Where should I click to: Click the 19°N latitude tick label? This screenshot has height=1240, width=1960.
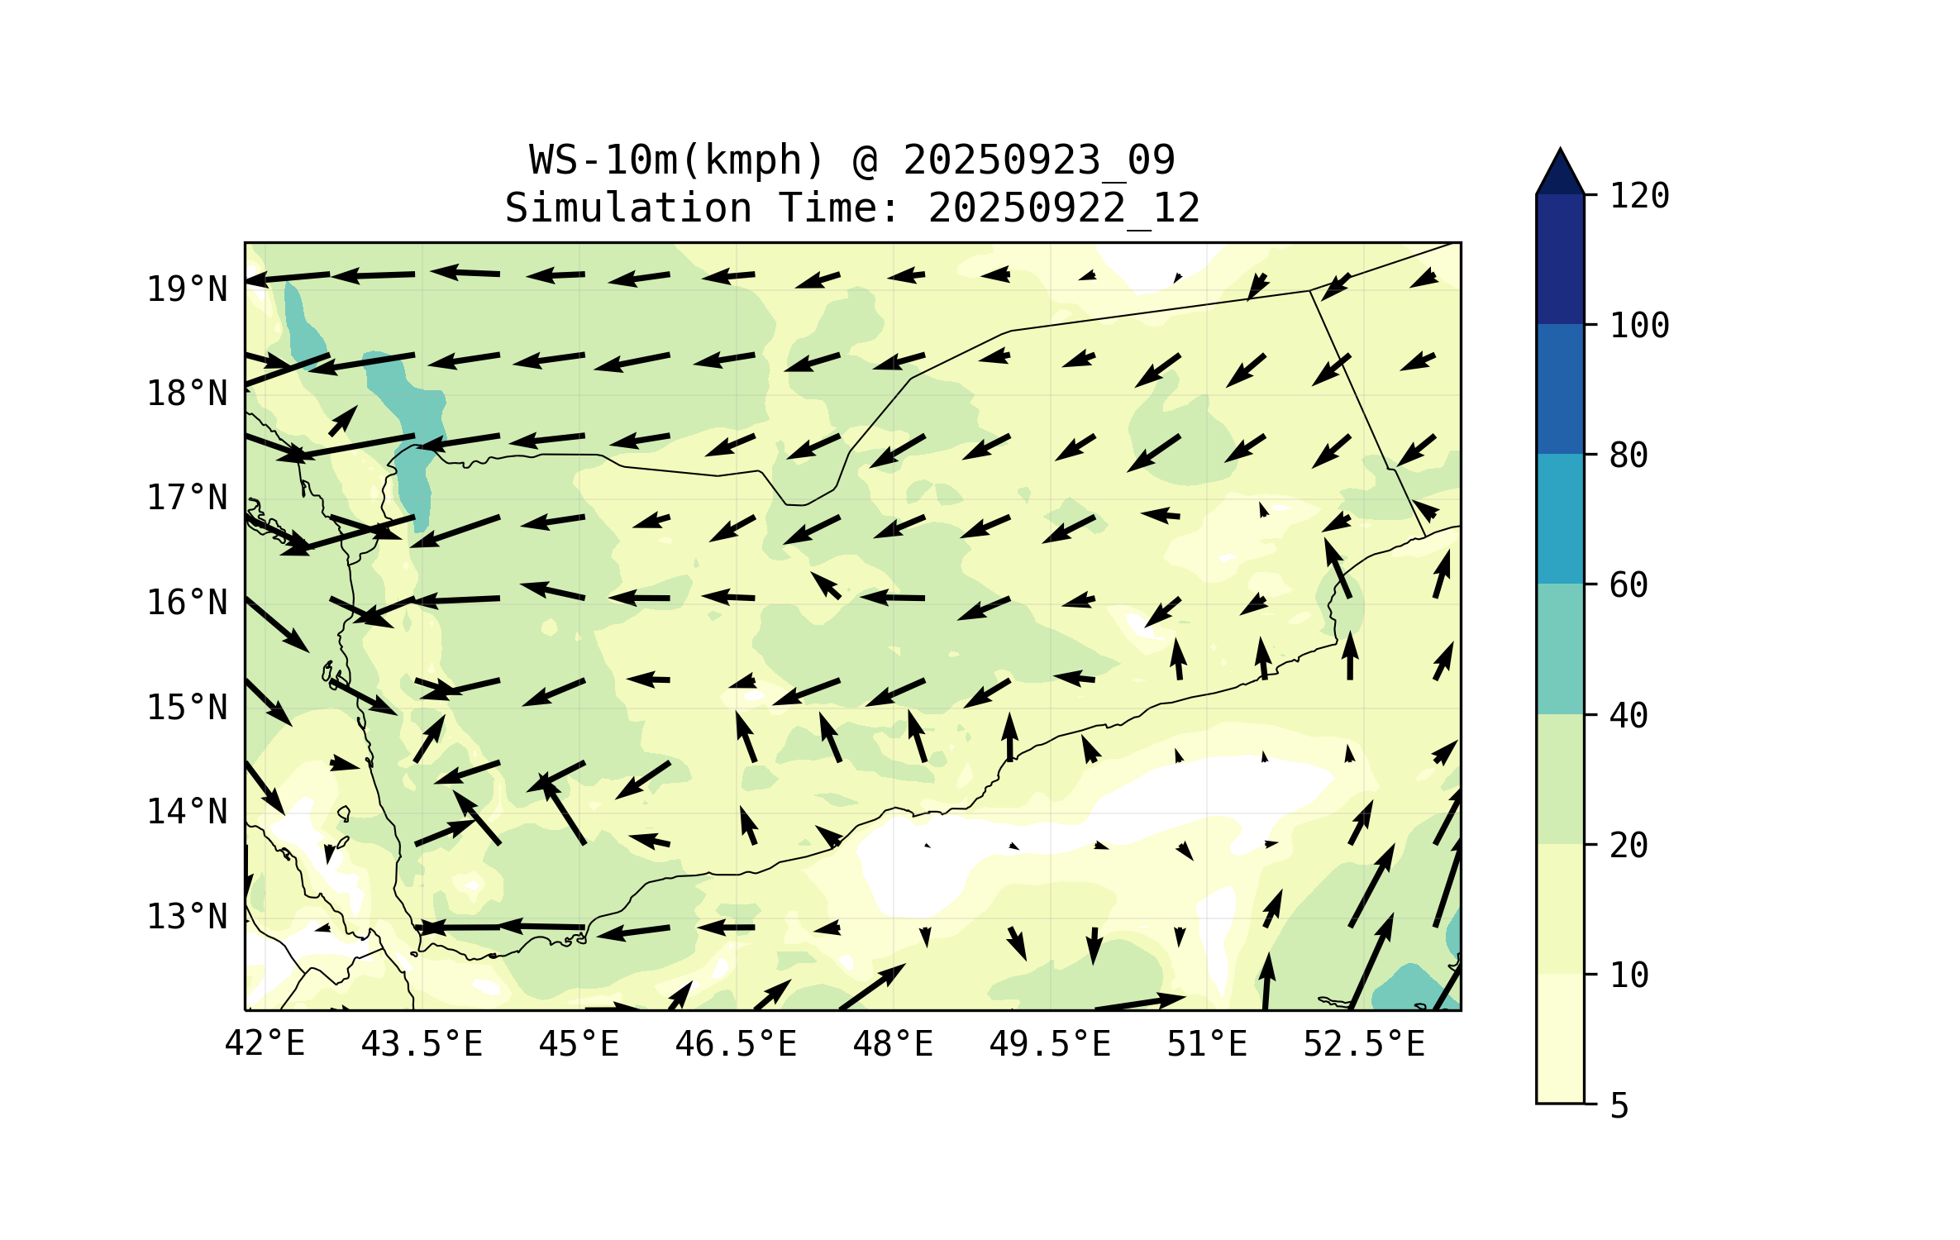(187, 289)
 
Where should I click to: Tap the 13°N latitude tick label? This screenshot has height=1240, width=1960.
(187, 917)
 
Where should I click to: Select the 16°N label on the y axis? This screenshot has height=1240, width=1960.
(187, 603)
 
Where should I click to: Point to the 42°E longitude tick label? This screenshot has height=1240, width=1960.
(265, 1044)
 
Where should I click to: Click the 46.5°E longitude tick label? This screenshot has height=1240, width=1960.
(736, 1044)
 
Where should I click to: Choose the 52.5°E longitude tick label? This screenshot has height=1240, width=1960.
(1364, 1044)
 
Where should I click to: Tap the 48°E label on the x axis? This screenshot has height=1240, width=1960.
(893, 1044)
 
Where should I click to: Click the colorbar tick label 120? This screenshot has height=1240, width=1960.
(1639, 196)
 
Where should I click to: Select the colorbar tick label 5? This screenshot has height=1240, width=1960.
(1619, 1106)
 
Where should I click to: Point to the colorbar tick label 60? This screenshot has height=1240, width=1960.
(1629, 585)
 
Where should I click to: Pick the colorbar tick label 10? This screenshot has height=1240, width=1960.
(1629, 975)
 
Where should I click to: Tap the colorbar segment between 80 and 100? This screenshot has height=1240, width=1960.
(1560, 389)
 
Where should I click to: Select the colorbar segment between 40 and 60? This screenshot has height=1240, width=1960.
(1560, 649)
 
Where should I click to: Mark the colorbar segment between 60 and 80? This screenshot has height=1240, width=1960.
(1560, 518)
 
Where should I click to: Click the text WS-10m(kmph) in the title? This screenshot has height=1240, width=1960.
(677, 160)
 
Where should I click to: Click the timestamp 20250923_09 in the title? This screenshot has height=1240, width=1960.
(1038, 160)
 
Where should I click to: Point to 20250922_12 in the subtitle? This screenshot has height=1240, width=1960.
(1064, 208)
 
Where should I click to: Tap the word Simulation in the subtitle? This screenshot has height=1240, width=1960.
(628, 208)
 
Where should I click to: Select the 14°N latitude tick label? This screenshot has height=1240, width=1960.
(187, 812)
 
